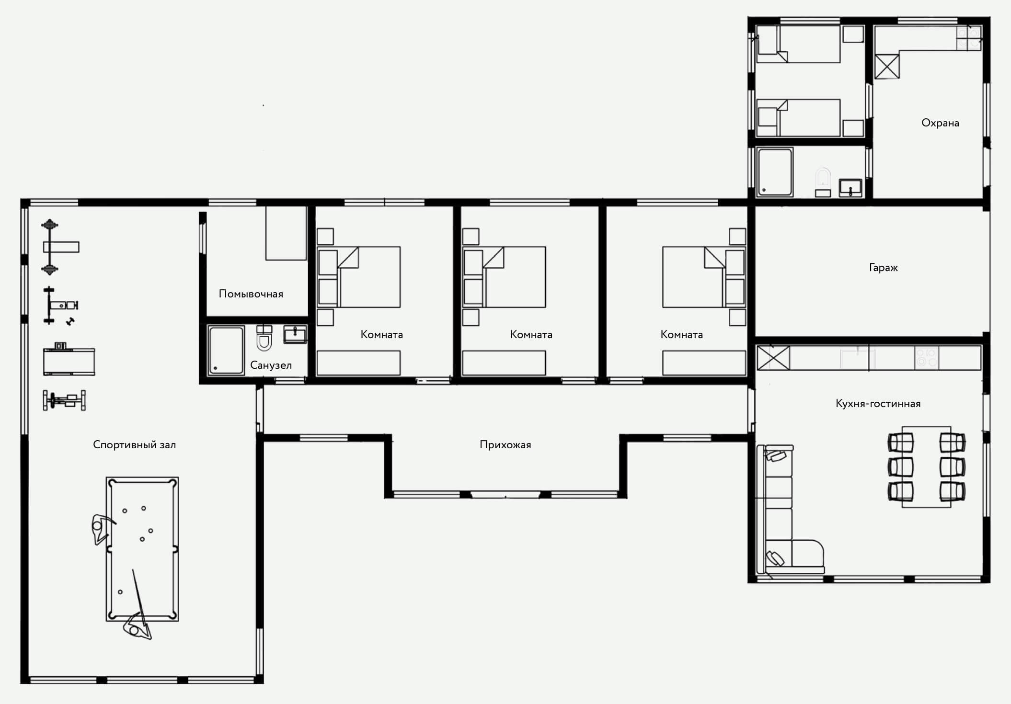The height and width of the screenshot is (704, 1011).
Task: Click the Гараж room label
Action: tap(883, 267)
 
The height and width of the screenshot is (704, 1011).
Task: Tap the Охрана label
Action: tap(940, 123)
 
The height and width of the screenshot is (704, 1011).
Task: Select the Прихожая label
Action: tap(505, 445)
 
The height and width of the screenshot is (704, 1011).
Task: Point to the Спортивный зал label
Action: tap(134, 445)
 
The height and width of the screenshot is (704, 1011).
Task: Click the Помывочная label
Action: tap(251, 294)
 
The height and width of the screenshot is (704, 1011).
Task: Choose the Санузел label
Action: tap(271, 365)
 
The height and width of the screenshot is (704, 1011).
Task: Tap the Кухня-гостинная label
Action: tap(878, 404)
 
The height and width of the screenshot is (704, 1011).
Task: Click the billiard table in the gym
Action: tap(142, 549)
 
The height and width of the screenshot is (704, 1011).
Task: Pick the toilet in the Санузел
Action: tap(264, 338)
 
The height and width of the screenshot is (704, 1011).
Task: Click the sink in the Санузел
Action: tap(295, 334)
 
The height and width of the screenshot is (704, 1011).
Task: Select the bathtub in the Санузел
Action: tap(226, 350)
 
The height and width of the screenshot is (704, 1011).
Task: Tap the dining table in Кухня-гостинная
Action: tap(926, 466)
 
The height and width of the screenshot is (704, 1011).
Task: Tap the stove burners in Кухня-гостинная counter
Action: tap(926, 357)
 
